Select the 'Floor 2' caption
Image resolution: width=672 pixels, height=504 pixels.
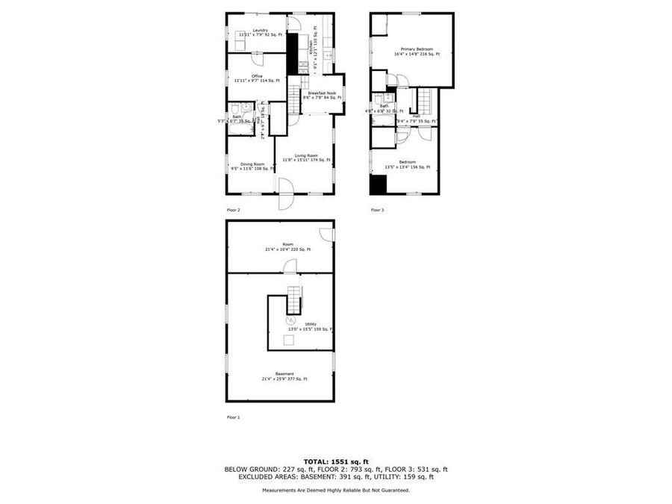pos(234,210)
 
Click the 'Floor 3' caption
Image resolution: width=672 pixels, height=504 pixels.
pos(377,210)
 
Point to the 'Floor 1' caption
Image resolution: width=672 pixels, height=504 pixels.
pos(234,417)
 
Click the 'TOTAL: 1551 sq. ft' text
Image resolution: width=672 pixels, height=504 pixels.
pos(335,462)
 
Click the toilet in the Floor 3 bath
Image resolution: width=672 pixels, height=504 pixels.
pos(378,98)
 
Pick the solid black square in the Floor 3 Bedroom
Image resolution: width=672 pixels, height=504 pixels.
pos(379,184)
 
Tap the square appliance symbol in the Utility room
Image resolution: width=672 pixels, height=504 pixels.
pos(287,340)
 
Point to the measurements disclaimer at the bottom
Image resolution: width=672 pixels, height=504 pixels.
pos(335,490)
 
